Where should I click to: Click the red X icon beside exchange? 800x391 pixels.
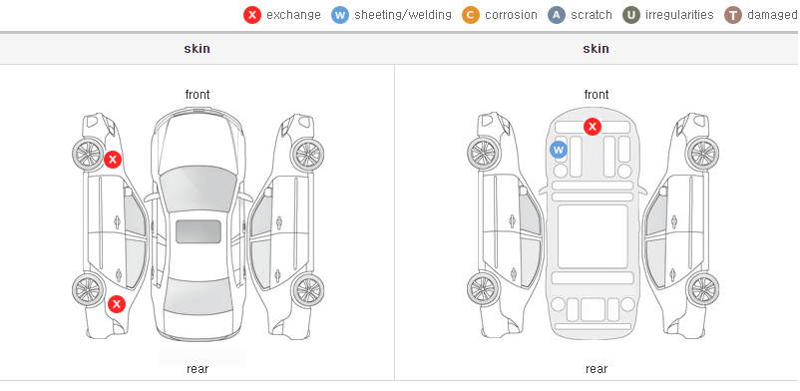click(x=252, y=15)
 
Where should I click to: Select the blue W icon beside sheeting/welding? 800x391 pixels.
click(x=340, y=15)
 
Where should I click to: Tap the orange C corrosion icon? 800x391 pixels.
click(x=471, y=15)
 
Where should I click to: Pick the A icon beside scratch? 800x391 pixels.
click(x=557, y=15)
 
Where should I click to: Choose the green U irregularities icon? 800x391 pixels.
click(x=631, y=15)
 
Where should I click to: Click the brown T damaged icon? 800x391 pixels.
click(x=732, y=15)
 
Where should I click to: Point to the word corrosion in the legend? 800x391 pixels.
click(x=511, y=15)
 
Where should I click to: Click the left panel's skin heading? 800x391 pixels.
click(x=197, y=49)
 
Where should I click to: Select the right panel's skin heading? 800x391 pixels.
click(x=596, y=49)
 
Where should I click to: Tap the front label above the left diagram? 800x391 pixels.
click(x=198, y=95)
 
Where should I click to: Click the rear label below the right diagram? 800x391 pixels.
click(x=597, y=369)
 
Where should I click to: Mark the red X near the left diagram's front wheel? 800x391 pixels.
click(x=113, y=160)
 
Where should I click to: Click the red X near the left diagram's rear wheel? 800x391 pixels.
click(x=117, y=304)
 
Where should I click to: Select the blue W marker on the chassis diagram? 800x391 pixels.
click(x=559, y=150)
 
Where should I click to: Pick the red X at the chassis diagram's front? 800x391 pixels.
click(x=593, y=126)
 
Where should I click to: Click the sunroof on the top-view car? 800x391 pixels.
click(x=199, y=231)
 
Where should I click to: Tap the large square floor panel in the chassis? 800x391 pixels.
click(x=593, y=236)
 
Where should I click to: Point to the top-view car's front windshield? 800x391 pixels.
click(x=198, y=188)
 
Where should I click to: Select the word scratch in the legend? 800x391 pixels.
click(x=592, y=15)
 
